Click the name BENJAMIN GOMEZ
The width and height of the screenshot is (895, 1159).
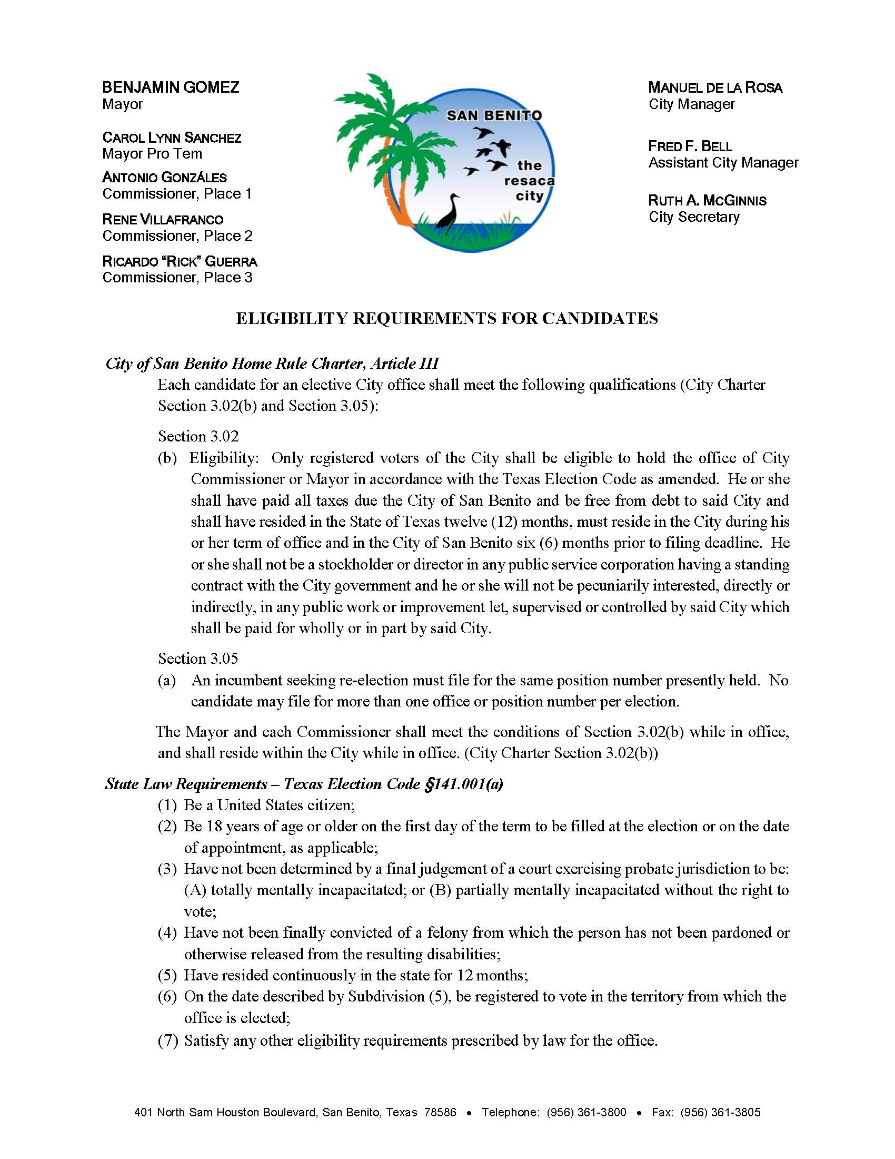click(170, 87)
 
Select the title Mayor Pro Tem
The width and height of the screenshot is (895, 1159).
click(152, 154)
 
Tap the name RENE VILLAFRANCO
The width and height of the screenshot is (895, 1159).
click(163, 219)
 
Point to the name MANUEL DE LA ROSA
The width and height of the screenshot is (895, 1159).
click(715, 87)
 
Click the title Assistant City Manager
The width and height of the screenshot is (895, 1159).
click(723, 162)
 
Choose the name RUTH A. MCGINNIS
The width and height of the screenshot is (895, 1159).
click(707, 201)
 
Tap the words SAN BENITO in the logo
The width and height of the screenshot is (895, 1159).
click(494, 115)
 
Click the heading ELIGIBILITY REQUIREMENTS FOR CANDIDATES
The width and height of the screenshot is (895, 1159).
click(446, 318)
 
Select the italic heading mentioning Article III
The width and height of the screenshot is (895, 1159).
click(272, 364)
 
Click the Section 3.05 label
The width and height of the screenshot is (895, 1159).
click(198, 659)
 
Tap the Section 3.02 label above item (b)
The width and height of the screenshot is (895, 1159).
click(198, 436)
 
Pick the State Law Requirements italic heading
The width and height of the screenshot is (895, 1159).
click(304, 784)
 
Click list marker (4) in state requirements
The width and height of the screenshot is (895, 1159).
click(167, 933)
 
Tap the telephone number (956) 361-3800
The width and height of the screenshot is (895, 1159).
click(586, 1097)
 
